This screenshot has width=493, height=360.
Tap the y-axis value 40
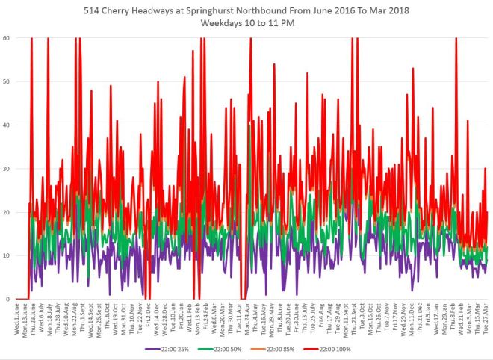point(6,125)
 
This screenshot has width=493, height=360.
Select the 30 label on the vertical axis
point(6,168)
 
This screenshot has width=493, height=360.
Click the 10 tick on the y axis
point(6,255)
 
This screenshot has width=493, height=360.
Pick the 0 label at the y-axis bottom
point(8,299)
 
